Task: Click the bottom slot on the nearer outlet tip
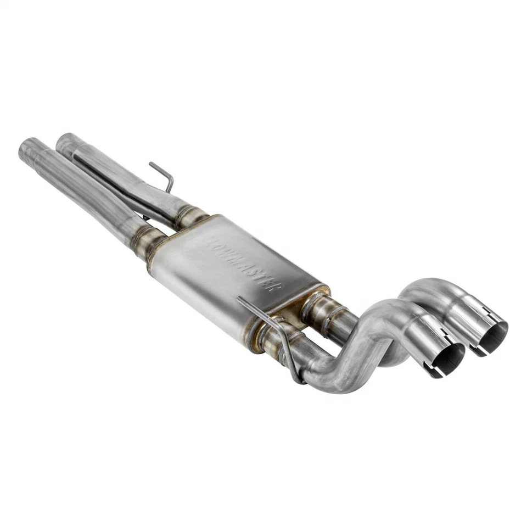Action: point(434,374)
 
